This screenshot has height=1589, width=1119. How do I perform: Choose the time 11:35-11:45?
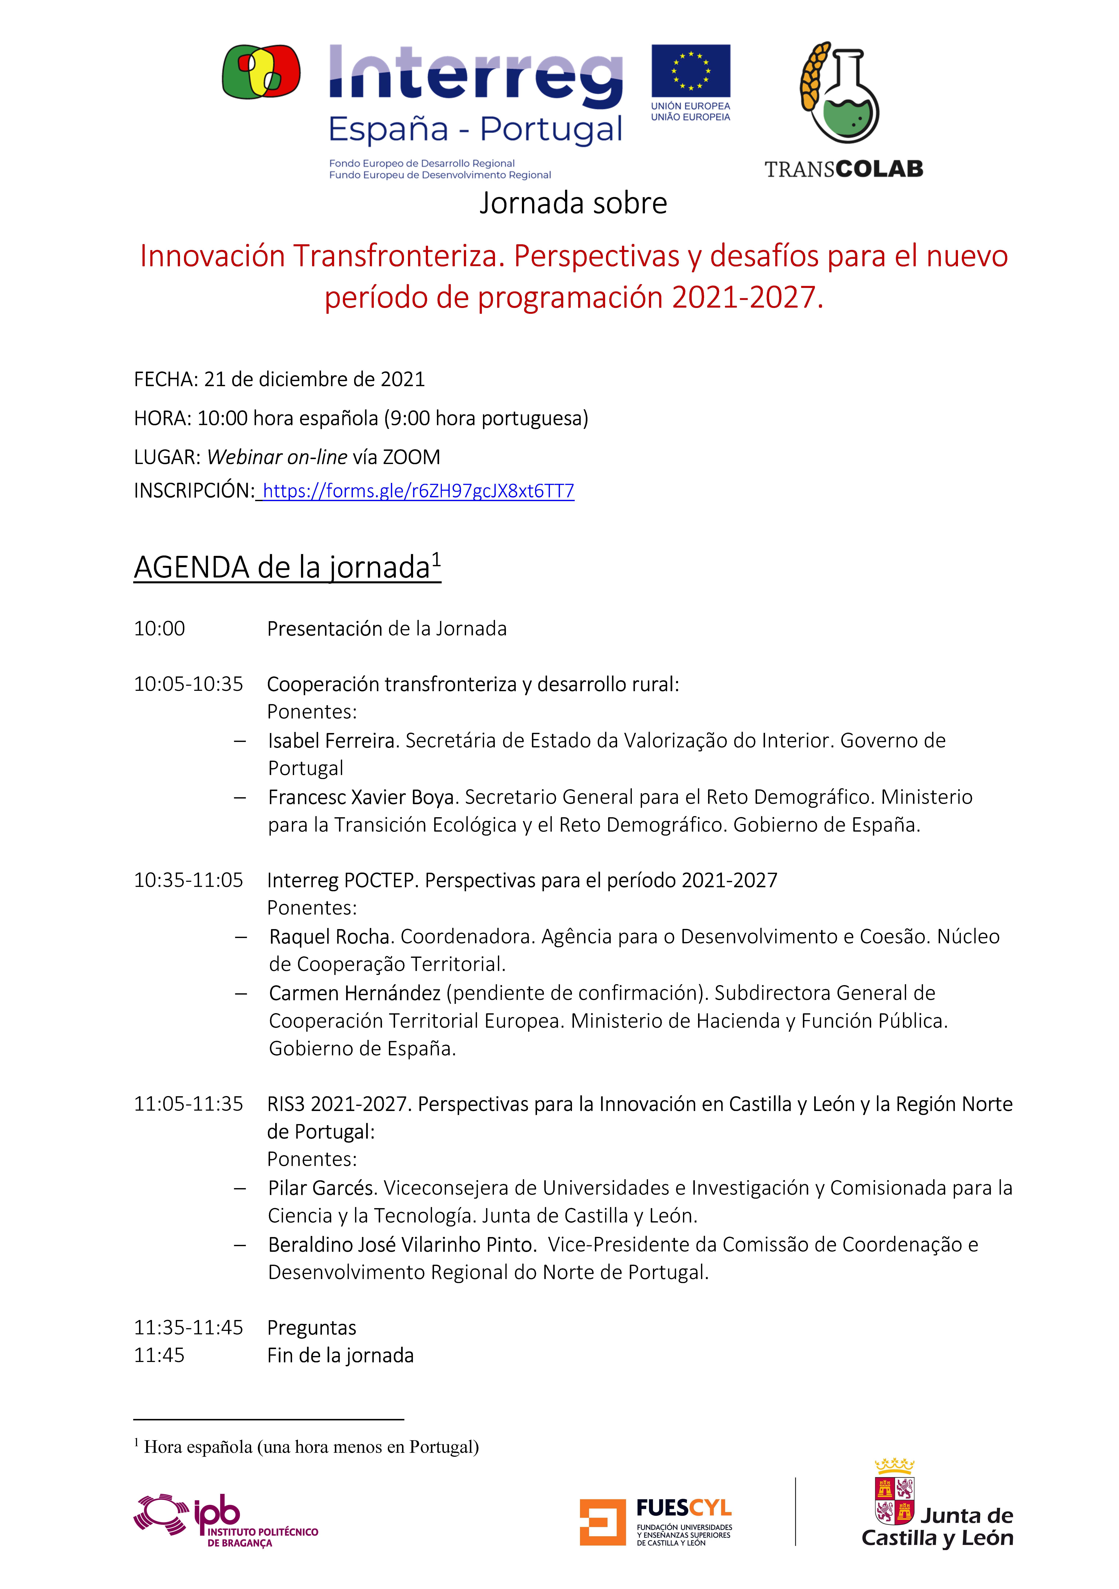pyautogui.click(x=188, y=1327)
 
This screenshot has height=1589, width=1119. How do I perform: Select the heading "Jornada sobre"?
pyautogui.click(x=573, y=204)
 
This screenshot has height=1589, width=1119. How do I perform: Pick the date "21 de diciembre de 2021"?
pyautogui.click(x=314, y=379)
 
